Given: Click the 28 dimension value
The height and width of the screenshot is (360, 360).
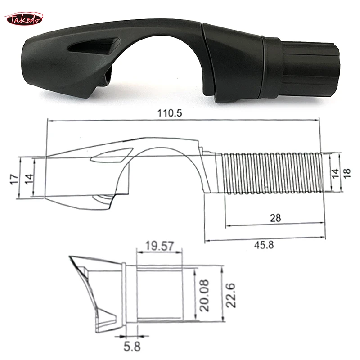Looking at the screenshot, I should click(x=275, y=218).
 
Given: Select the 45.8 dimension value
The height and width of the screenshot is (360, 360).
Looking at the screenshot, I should click(x=265, y=245).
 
